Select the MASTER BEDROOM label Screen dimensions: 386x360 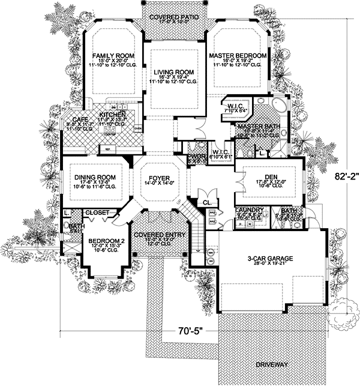(238, 55)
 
